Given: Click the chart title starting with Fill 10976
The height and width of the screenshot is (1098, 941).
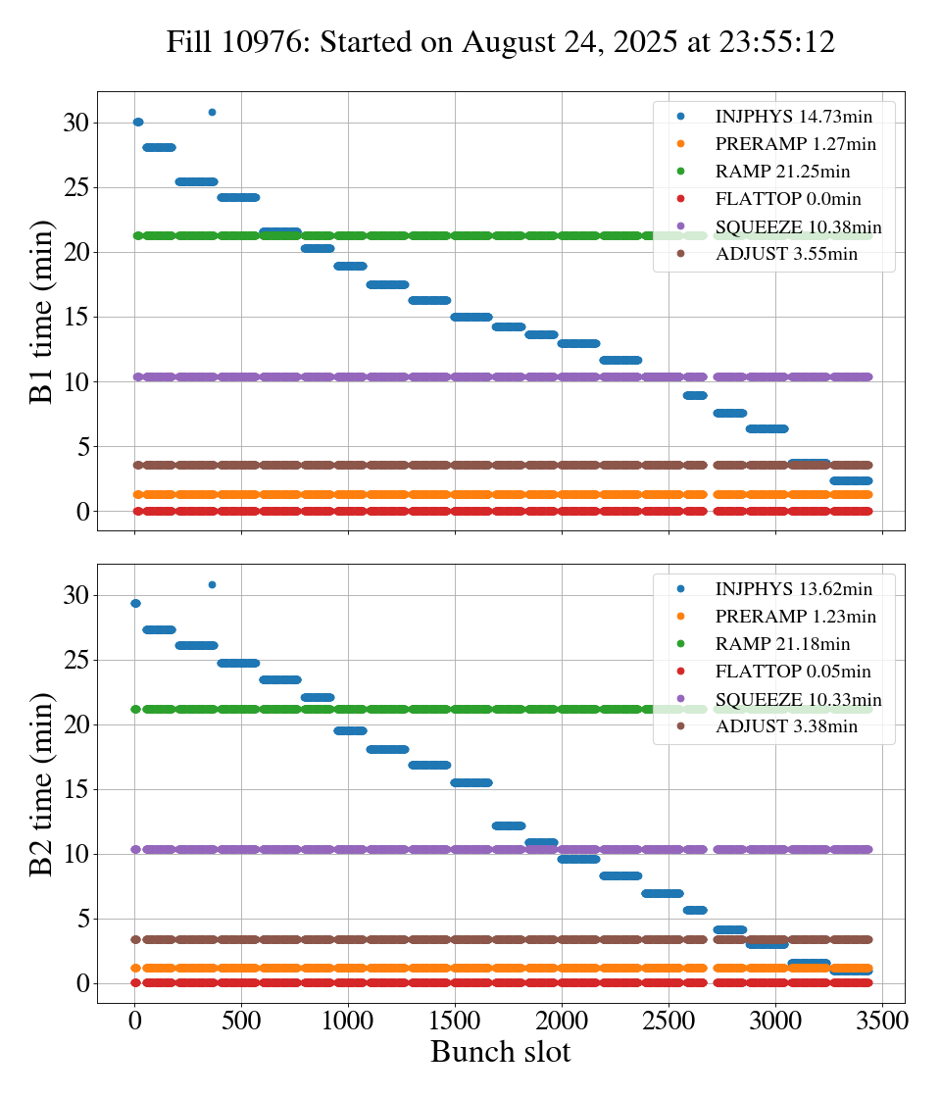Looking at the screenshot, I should click(x=500, y=42).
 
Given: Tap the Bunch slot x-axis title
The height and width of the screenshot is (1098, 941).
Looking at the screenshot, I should click(x=500, y=1053).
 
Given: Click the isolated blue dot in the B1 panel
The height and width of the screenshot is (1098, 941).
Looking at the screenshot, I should click(x=212, y=112).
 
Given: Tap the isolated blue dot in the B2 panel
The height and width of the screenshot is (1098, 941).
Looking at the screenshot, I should click(x=212, y=584).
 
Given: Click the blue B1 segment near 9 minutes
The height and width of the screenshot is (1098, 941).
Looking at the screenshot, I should click(x=695, y=395).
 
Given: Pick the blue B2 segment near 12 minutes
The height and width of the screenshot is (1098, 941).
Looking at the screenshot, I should click(x=509, y=825).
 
